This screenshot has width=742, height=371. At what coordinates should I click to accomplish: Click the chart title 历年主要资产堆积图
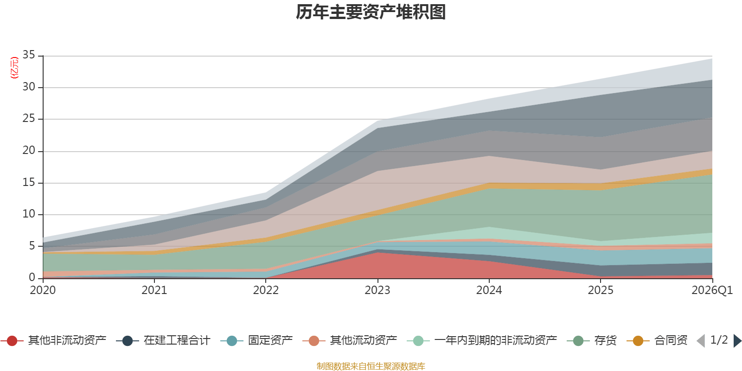tap(371, 12)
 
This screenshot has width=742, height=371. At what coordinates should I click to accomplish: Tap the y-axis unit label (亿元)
tap(14, 68)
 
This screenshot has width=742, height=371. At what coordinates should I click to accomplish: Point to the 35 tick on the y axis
tap(29, 55)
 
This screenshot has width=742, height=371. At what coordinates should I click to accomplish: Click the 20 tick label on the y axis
tap(29, 151)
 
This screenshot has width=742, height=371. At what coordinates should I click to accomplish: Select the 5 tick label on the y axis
tap(32, 246)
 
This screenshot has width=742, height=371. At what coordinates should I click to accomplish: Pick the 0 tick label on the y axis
tap(32, 278)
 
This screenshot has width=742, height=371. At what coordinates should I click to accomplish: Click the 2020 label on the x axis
tap(43, 290)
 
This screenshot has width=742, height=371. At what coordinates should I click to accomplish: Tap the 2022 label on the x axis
tap(266, 290)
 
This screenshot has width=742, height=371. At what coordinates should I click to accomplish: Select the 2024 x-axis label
tap(489, 290)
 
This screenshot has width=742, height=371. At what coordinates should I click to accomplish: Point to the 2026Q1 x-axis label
tap(712, 290)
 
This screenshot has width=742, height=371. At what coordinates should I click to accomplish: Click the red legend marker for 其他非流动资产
tap(12, 340)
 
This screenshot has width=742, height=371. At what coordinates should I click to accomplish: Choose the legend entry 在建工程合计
tap(163, 340)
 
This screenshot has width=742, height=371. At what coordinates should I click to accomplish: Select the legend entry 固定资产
tap(256, 340)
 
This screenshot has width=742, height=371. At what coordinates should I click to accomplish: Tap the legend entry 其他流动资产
tap(350, 340)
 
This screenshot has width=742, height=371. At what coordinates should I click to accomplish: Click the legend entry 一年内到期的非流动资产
tap(482, 340)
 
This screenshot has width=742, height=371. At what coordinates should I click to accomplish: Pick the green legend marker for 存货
tap(578, 340)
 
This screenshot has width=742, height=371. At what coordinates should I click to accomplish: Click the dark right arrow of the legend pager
tap(738, 340)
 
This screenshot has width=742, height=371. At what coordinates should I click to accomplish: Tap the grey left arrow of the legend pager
tap(701, 340)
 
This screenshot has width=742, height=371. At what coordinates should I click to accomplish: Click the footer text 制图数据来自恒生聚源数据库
tap(371, 366)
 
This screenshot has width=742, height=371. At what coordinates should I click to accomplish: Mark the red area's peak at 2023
tap(377, 253)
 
